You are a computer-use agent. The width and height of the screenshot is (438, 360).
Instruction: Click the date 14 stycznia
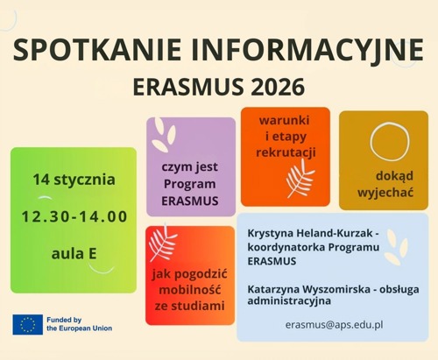pyautogui.click(x=74, y=180)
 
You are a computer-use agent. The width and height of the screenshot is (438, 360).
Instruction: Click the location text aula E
pyautogui.click(x=74, y=254)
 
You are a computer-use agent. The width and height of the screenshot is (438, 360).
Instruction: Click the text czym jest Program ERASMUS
pyautogui.click(x=190, y=182)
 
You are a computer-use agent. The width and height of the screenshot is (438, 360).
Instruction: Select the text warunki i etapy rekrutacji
pyautogui.click(x=286, y=136)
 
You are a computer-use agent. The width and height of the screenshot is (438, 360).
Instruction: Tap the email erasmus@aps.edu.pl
pyautogui.click(x=335, y=324)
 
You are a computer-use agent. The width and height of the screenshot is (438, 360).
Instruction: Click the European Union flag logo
pyautogui.click(x=27, y=325)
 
